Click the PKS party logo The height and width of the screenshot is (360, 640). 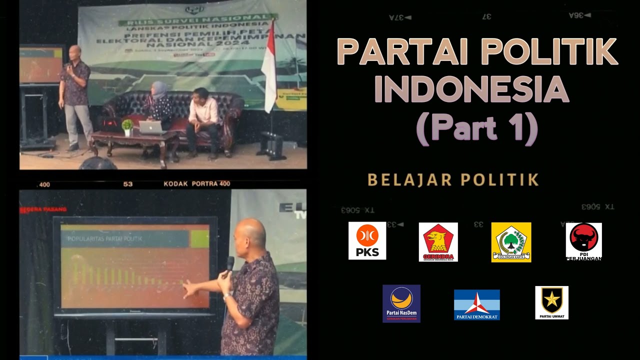pyautogui.click(x=367, y=240)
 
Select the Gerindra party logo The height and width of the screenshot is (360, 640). pyautogui.click(x=438, y=242)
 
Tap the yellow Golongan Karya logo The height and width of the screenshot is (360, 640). pyautogui.click(x=511, y=242)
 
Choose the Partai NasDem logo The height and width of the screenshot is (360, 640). pyautogui.click(x=401, y=303)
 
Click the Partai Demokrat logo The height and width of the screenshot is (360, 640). pyautogui.click(x=476, y=304)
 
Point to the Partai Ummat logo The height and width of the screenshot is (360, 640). pyautogui.click(x=551, y=302)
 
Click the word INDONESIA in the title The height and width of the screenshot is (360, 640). pyautogui.click(x=471, y=89)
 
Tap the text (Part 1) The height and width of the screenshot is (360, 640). pyautogui.click(x=476, y=128)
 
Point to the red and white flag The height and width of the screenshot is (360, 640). pyautogui.click(x=269, y=67)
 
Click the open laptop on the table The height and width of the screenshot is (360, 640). pyautogui.click(x=152, y=127)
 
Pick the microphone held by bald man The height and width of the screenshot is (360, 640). pyautogui.click(x=229, y=266)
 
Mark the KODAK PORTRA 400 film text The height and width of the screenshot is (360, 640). pyautogui.click(x=196, y=183)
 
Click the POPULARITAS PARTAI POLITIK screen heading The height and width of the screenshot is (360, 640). pyautogui.click(x=105, y=239)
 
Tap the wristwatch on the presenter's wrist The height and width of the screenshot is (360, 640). pyautogui.click(x=226, y=296)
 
